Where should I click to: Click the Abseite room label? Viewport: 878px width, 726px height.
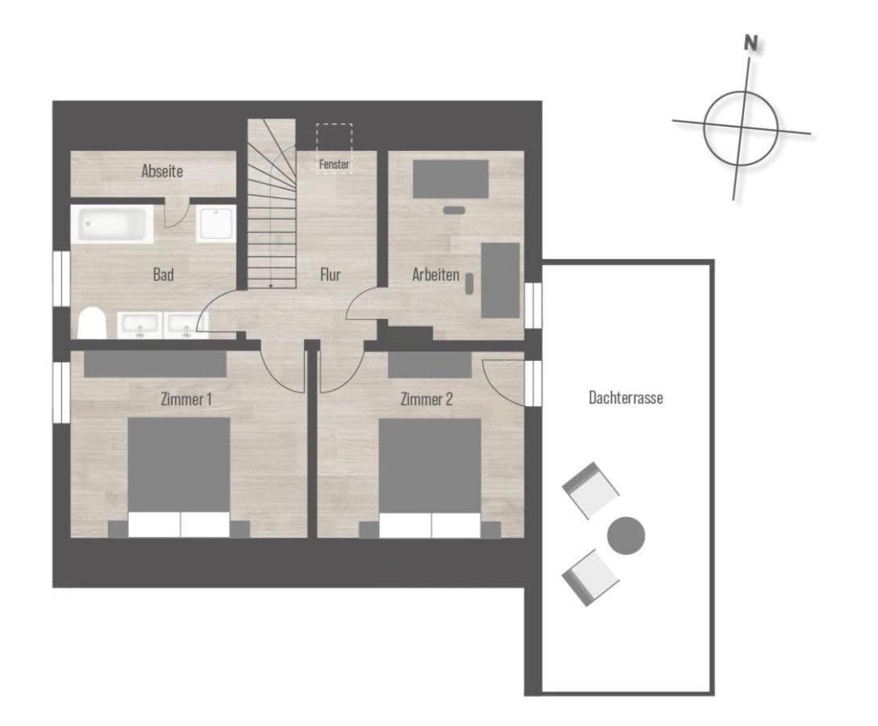point(162,171)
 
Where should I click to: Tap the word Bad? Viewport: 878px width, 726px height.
point(163,275)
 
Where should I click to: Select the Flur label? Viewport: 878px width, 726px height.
point(330,275)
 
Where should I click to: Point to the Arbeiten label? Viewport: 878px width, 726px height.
point(436,275)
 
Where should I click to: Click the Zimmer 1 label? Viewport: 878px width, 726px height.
point(186,399)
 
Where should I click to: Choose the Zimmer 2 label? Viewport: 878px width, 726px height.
point(427,399)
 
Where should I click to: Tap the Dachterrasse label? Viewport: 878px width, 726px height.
point(626,397)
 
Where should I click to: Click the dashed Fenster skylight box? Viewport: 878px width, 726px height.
point(334,147)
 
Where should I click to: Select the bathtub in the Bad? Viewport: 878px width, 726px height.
point(112,224)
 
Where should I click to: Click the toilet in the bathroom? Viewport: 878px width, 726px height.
point(93,323)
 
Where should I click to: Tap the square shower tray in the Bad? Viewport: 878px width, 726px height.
point(218,222)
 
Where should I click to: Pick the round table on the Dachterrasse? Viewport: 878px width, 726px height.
point(626,535)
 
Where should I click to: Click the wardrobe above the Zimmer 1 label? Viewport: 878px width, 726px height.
point(155,363)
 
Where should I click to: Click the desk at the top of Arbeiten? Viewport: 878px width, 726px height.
point(450,178)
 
